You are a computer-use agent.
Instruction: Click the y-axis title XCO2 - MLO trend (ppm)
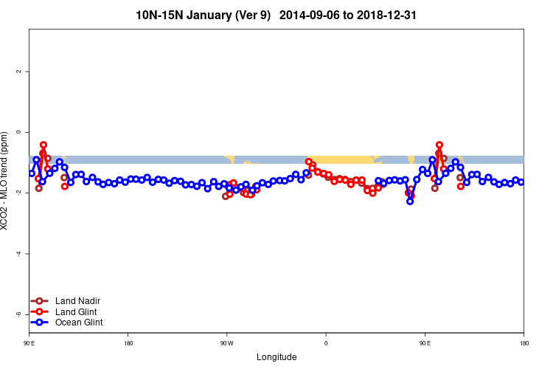click(7, 181)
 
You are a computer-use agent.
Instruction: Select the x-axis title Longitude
click(276, 357)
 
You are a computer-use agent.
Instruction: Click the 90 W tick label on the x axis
click(226, 343)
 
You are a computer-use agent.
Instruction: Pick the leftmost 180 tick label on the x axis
click(128, 343)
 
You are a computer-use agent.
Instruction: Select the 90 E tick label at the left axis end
click(29, 343)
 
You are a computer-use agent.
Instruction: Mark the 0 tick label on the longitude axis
click(326, 343)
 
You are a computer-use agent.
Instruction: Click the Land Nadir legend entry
click(77, 301)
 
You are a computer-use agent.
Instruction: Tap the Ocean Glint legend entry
click(79, 323)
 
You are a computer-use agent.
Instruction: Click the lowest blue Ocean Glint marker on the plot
click(410, 201)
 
